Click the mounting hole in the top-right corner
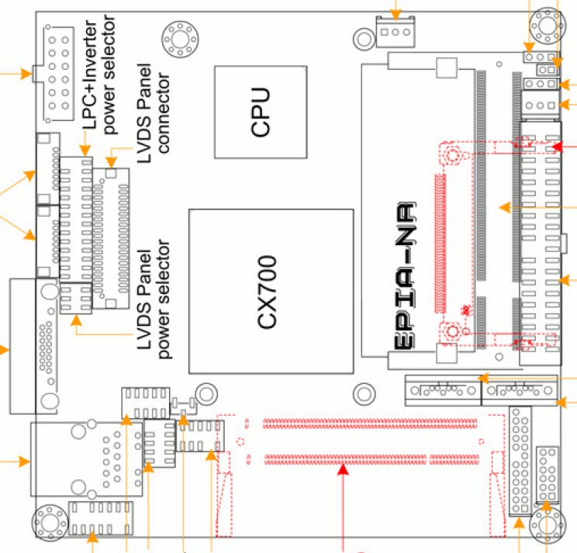(x=548, y=26)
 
